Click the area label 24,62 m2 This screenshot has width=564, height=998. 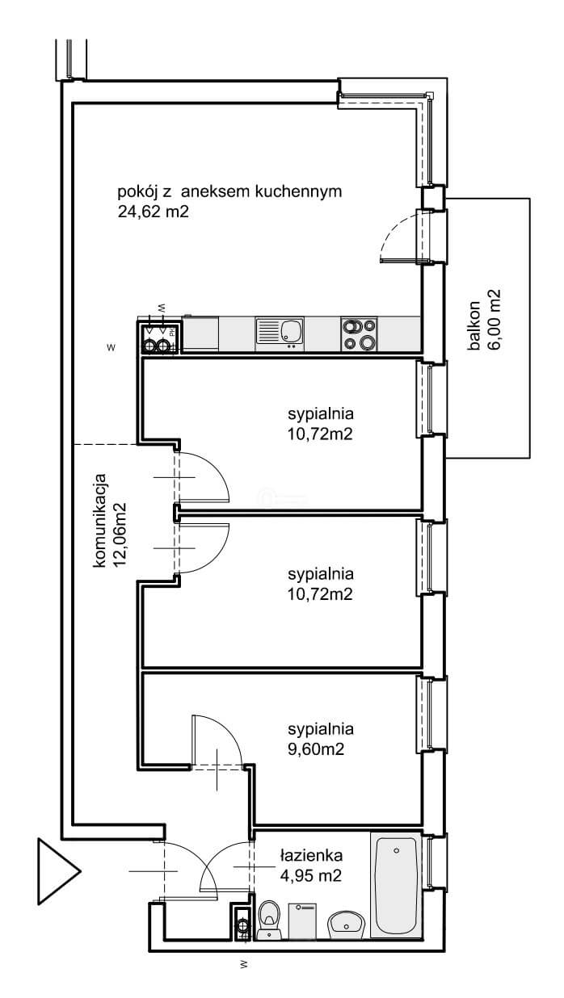(x=154, y=212)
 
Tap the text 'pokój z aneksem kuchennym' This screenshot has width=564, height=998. (x=229, y=192)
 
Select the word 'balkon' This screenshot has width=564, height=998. (x=474, y=325)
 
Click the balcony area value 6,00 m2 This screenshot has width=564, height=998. (x=494, y=321)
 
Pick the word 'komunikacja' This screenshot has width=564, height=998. (x=101, y=520)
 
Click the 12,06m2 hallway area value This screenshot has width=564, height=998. (x=120, y=535)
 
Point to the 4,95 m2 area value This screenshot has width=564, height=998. (x=311, y=875)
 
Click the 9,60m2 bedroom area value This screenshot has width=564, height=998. (x=316, y=749)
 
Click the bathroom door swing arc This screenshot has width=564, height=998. (x=218, y=854)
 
